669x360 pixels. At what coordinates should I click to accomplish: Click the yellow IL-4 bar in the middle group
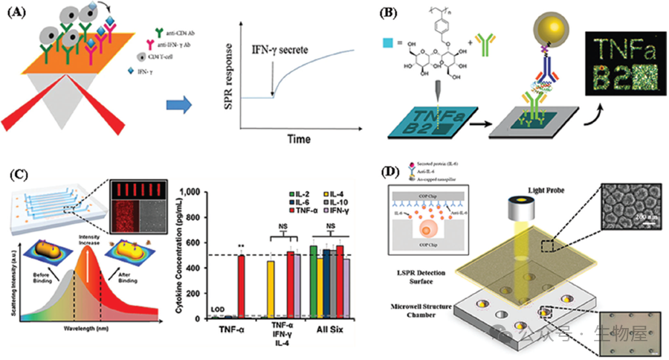(x=271, y=289)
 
